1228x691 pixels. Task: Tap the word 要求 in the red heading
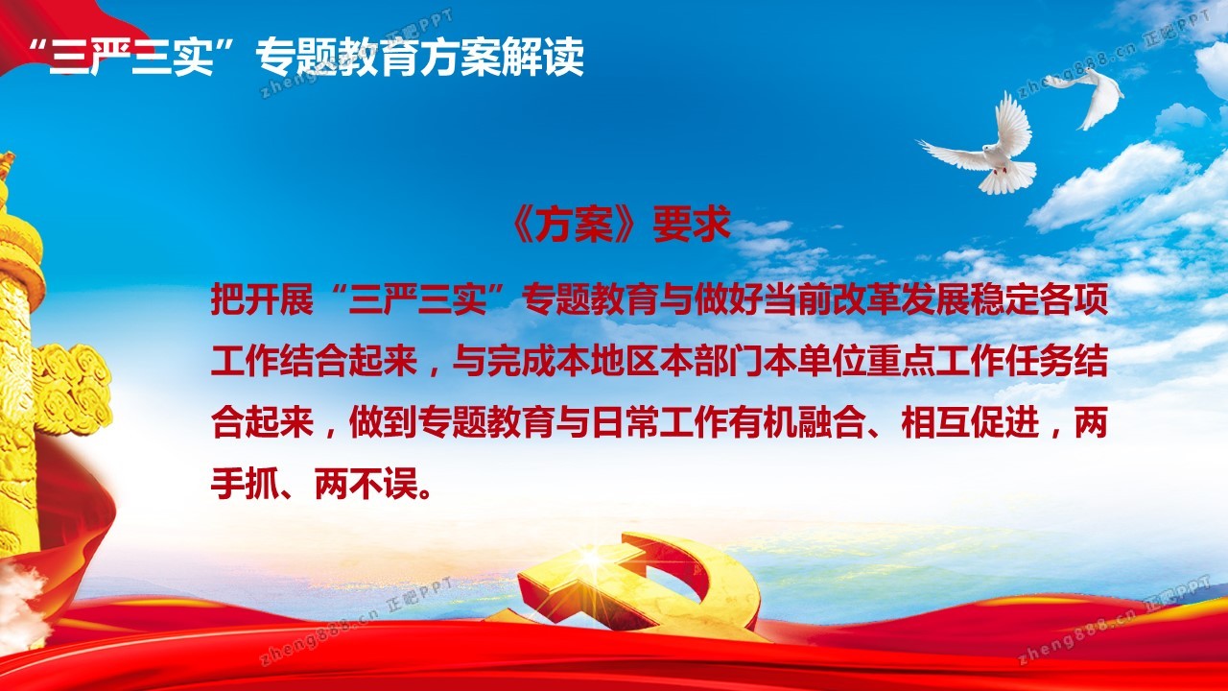[692, 224]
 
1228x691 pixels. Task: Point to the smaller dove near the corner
[1088, 96]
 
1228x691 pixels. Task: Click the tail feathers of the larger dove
[1006, 178]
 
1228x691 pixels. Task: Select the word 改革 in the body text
[866, 299]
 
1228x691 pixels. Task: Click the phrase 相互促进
[970, 422]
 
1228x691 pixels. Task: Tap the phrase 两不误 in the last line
[366, 484]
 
